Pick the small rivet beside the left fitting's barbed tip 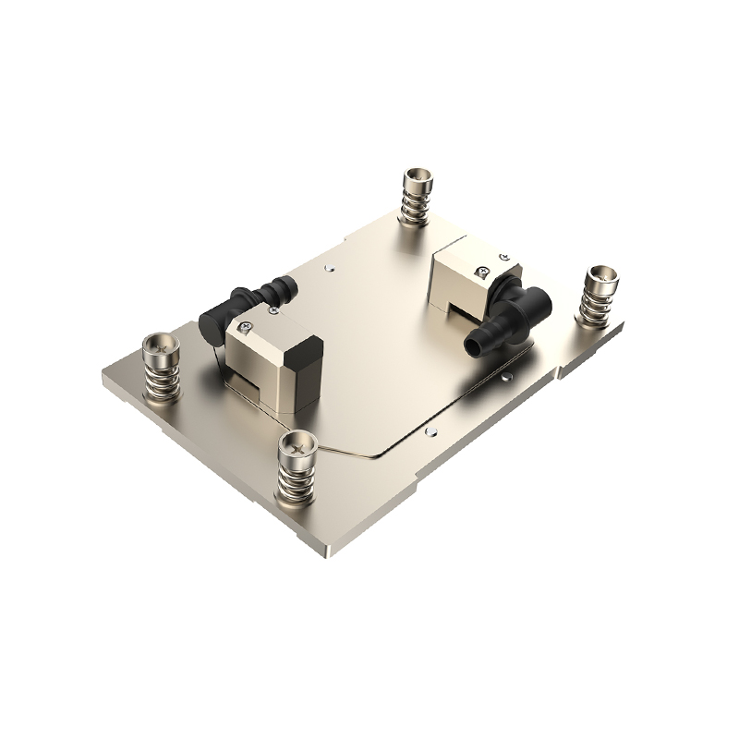[329, 269]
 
